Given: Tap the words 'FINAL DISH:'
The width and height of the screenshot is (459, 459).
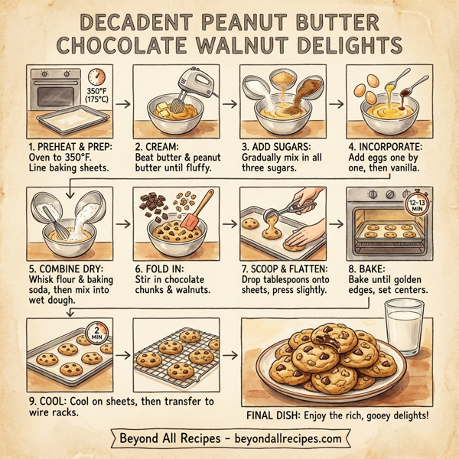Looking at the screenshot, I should [x=278, y=415].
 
